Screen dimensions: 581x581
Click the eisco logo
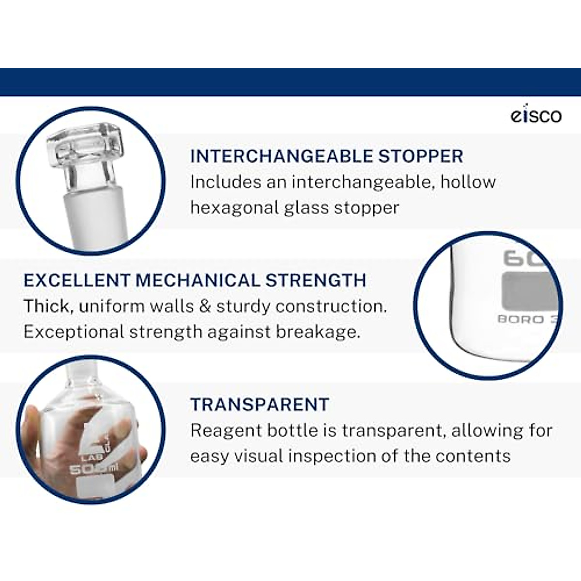[x=536, y=116]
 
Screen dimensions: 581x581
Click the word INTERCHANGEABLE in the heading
[x=282, y=156]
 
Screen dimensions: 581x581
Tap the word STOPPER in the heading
[x=421, y=156]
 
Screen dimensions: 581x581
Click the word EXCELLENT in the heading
[x=77, y=280]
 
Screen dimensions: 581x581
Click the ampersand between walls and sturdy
[x=205, y=306]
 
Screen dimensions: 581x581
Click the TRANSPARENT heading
[x=260, y=404]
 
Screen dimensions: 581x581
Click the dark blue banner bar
[x=290, y=82]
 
